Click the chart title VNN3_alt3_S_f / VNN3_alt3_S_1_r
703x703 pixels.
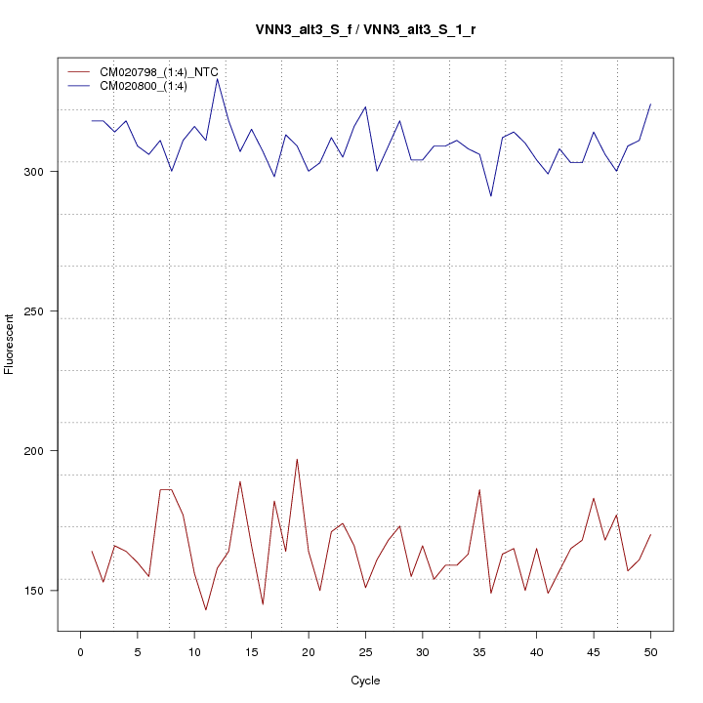click(x=365, y=30)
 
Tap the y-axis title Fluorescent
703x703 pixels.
click(x=10, y=344)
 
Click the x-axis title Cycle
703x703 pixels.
click(x=365, y=681)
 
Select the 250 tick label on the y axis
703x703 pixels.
click(x=47, y=311)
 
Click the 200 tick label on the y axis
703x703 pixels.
click(x=47, y=451)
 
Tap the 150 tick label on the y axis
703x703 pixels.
click(x=47, y=591)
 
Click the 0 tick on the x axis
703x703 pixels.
click(x=80, y=650)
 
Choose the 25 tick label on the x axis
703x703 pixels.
click(x=365, y=650)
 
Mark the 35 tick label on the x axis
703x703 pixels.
click(x=479, y=650)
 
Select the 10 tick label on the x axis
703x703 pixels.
click(x=194, y=650)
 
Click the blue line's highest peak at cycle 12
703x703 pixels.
click(x=217, y=78)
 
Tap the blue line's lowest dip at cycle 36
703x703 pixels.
click(x=491, y=196)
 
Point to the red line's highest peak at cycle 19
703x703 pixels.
click(x=297, y=459)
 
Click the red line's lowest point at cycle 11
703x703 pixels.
click(x=206, y=610)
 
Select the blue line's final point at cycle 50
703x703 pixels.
click(x=650, y=103)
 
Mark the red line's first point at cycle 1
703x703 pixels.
click(x=92, y=552)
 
